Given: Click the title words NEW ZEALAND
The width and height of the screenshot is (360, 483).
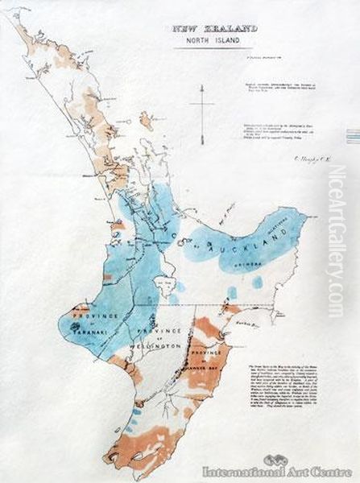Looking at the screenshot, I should click(214, 28).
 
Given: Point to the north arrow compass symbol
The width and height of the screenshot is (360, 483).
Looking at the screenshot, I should click(201, 105).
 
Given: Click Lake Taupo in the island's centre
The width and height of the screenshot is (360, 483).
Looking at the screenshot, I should click(167, 283).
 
